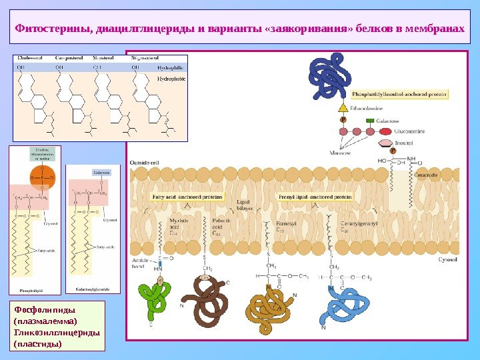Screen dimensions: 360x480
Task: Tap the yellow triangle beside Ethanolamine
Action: [342, 106]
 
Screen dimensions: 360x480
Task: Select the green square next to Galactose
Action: [369, 121]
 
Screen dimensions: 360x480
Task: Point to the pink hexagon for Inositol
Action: [385, 143]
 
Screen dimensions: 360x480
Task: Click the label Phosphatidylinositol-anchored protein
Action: [399, 95]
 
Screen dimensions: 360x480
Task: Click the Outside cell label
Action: [144, 162]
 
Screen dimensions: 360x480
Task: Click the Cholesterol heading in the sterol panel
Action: [30, 58]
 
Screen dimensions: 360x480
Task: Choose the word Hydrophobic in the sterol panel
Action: [170, 79]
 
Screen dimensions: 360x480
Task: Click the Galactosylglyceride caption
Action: [93, 289]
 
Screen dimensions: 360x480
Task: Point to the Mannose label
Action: [341, 153]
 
